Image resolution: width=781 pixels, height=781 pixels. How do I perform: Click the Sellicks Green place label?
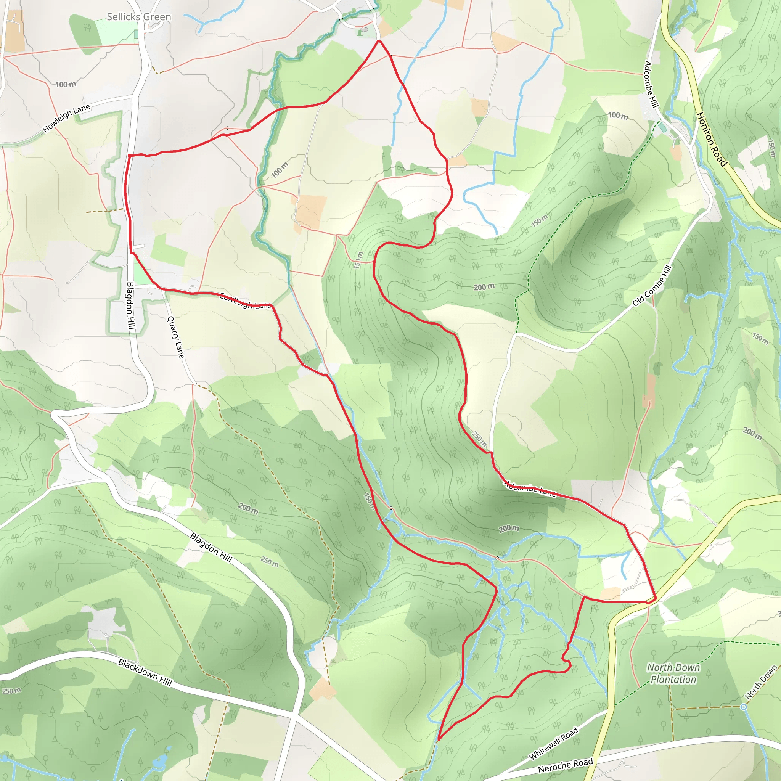point(139,17)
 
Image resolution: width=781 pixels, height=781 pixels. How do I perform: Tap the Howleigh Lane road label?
point(67,118)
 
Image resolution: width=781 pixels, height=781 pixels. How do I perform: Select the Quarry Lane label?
point(176,337)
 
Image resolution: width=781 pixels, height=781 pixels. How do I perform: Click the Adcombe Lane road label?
point(530,489)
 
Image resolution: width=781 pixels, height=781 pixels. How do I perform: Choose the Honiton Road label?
point(712,139)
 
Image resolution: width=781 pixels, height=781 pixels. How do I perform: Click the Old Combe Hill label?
point(652,285)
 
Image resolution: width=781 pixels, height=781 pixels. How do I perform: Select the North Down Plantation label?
point(673,673)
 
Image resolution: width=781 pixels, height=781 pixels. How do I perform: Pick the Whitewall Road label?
point(553,743)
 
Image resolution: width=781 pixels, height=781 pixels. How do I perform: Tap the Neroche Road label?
point(565,765)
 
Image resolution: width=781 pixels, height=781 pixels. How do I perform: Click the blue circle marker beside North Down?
point(743,707)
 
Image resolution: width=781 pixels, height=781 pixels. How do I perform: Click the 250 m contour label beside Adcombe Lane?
point(479,439)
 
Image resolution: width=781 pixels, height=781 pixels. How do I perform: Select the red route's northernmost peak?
point(378,41)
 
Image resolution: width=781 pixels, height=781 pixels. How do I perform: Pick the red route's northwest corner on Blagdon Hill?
point(129,155)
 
